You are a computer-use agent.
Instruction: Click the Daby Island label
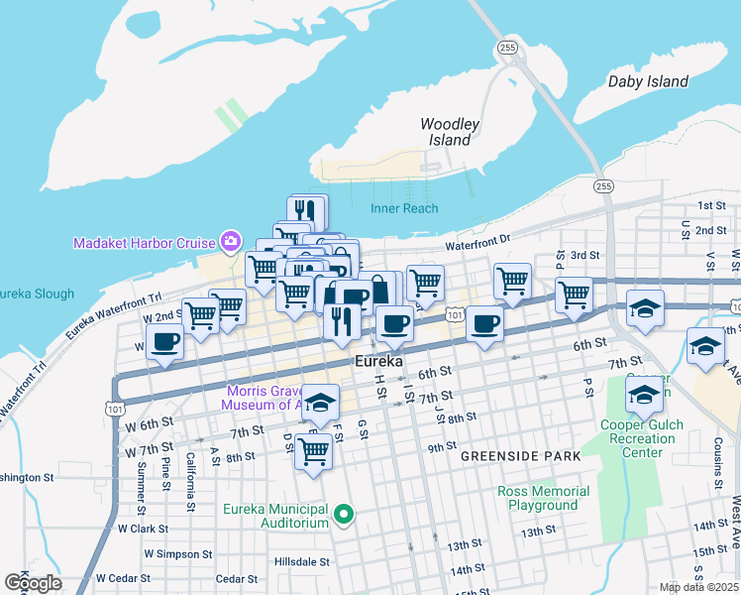(x=648, y=81)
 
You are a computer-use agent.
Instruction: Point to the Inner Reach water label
(x=404, y=208)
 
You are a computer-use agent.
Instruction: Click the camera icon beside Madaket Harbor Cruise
(x=230, y=241)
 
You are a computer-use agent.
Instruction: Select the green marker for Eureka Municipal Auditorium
(x=344, y=514)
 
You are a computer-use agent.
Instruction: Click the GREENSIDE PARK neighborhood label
(x=505, y=456)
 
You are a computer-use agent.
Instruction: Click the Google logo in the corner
(x=33, y=583)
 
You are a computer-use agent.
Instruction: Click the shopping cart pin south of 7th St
(x=314, y=451)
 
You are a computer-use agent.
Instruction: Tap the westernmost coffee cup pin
(x=164, y=342)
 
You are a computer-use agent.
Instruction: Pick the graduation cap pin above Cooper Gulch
(x=644, y=399)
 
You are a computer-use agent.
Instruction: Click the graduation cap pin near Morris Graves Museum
(x=320, y=403)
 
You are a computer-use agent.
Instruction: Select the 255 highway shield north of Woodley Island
(x=507, y=47)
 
